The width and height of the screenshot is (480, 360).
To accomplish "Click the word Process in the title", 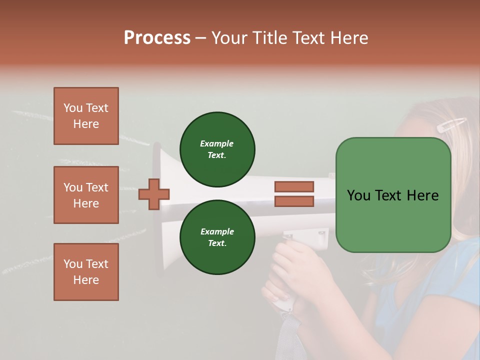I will coord(157,38).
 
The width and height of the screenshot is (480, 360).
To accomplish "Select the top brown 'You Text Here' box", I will coord(86,116).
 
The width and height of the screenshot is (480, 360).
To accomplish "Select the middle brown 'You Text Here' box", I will coord(86,195).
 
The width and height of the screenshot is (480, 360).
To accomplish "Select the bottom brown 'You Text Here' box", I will coord(86,272).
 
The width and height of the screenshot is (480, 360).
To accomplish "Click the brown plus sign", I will coord(154,194).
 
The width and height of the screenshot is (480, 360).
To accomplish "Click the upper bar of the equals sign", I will coord(294,186).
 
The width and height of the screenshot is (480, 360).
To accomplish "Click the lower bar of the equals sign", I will coord(294,201).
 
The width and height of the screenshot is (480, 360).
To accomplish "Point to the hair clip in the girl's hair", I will coord(451,124).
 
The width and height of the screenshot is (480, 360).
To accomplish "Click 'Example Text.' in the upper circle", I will coord(217,149).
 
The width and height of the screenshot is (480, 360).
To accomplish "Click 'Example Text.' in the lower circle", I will coord(217,237).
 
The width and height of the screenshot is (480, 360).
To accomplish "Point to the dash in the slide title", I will coord(201,38).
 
